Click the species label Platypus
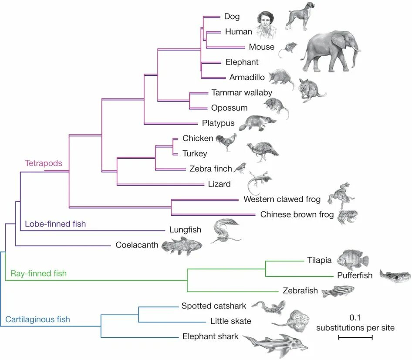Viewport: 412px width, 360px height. (x=218, y=123)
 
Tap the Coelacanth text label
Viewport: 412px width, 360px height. (x=137, y=245)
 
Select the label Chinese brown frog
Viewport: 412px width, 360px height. (x=297, y=214)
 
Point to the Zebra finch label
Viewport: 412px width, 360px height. (x=210, y=169)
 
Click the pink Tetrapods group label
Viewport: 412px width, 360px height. (x=43, y=164)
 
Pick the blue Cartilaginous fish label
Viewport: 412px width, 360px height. (x=37, y=319)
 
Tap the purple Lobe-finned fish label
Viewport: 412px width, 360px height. (x=55, y=224)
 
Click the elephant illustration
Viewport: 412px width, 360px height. (x=331, y=51)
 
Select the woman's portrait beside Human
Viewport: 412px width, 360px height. (x=266, y=25)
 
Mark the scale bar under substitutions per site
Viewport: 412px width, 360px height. (x=355, y=337)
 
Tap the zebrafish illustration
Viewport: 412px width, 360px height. (x=338, y=291)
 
